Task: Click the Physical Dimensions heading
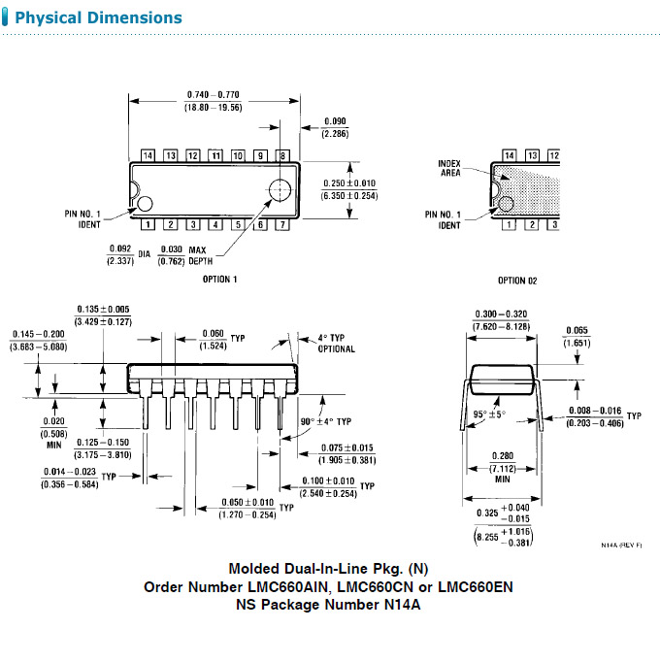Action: pyautogui.click(x=99, y=18)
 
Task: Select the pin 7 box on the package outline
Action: pyautogui.click(x=282, y=225)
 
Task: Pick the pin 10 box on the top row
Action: pyautogui.click(x=238, y=155)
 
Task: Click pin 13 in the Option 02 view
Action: pyautogui.click(x=531, y=155)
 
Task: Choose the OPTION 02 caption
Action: pyautogui.click(x=518, y=281)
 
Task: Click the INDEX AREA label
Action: pyautogui.click(x=449, y=168)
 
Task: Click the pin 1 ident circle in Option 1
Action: pyautogui.click(x=145, y=203)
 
